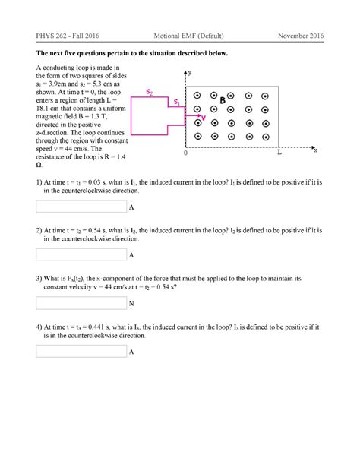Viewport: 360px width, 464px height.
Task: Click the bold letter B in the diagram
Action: pos(223,100)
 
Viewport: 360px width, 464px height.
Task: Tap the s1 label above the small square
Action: pos(176,100)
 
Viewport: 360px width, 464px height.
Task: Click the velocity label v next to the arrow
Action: pos(204,117)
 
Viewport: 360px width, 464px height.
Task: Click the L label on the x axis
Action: pos(279,153)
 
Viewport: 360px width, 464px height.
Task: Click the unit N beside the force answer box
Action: pos(131,304)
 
